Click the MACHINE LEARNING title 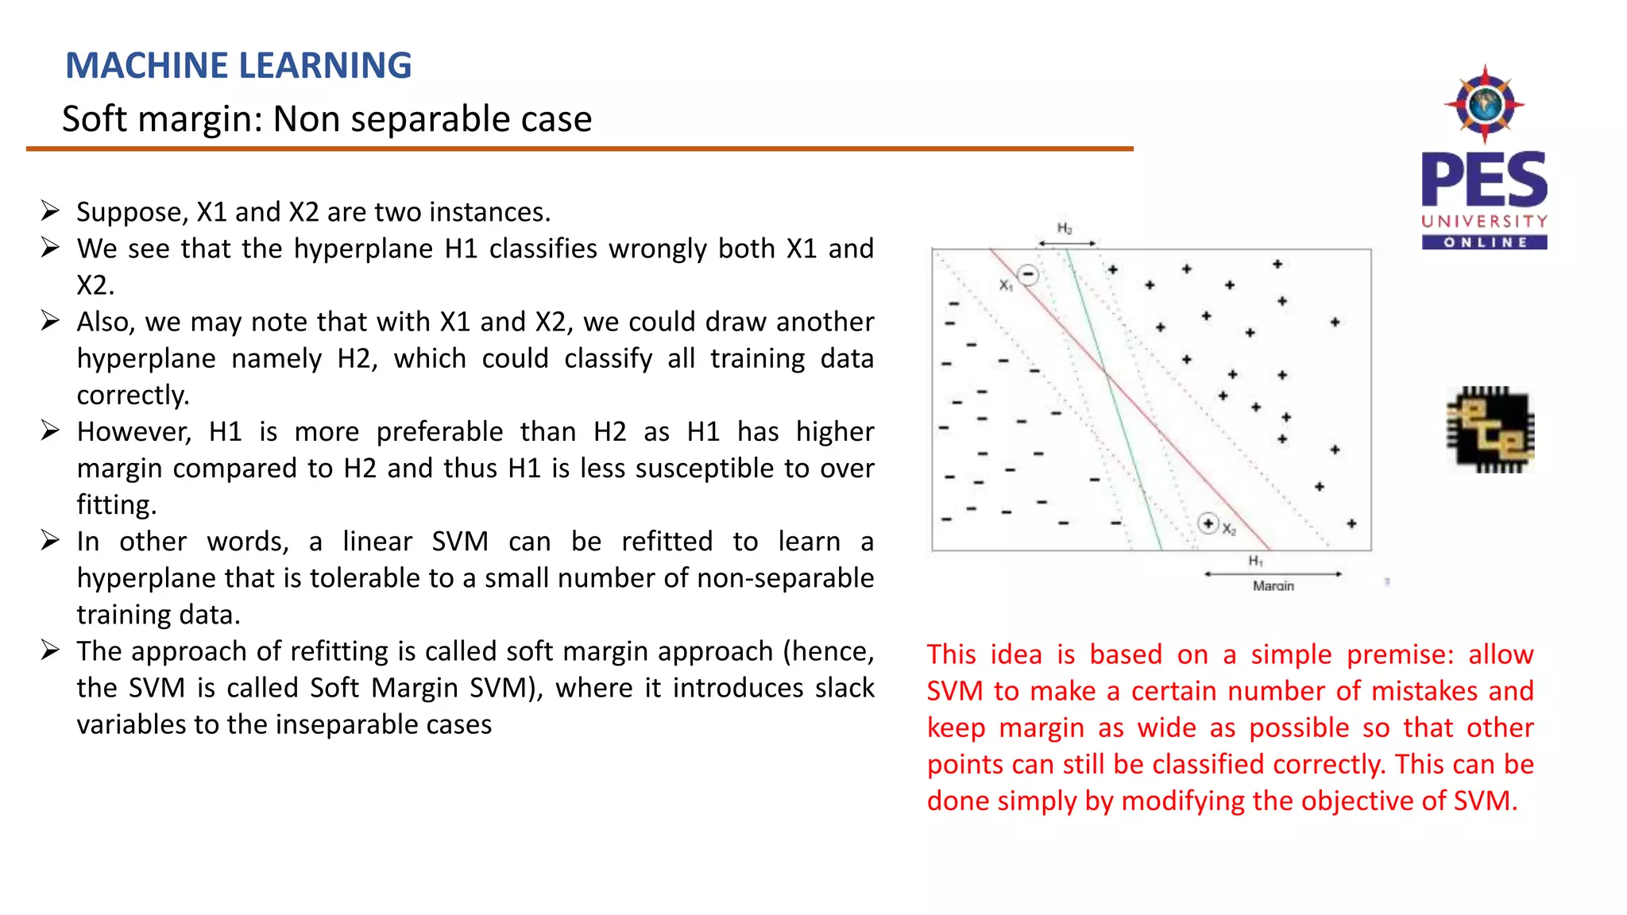click(238, 65)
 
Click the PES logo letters click(1484, 180)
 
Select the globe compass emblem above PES click(1484, 104)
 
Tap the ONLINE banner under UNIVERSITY click(1484, 242)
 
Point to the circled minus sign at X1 click(1028, 275)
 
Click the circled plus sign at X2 click(1208, 523)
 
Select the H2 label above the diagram click(1065, 229)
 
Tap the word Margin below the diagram click(1273, 586)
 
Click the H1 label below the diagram click(1255, 561)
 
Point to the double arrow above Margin click(1273, 573)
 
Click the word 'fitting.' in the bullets click(117, 505)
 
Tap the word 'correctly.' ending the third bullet click(133, 395)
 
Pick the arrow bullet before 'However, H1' click(50, 431)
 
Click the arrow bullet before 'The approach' click(50, 651)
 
